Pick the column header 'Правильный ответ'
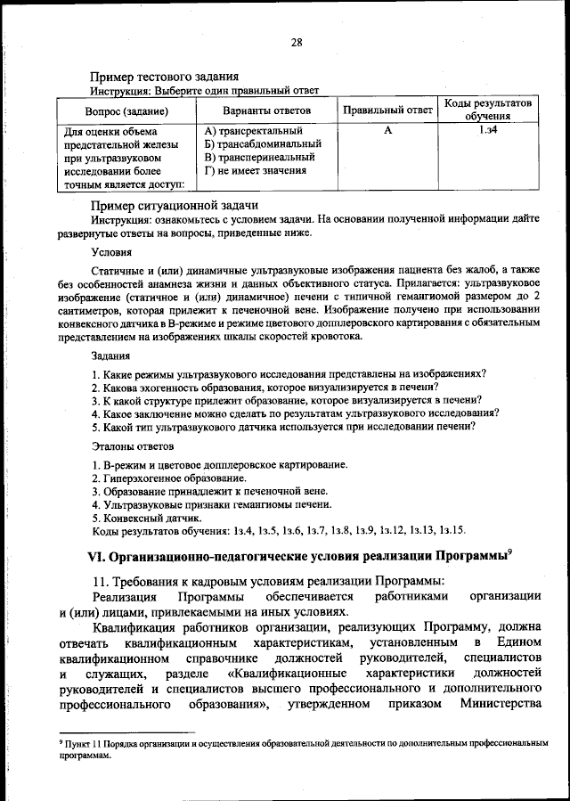387,110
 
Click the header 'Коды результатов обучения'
487,110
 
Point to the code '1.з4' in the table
487,131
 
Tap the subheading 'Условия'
112,252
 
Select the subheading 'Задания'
111,356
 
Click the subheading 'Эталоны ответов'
133,445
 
